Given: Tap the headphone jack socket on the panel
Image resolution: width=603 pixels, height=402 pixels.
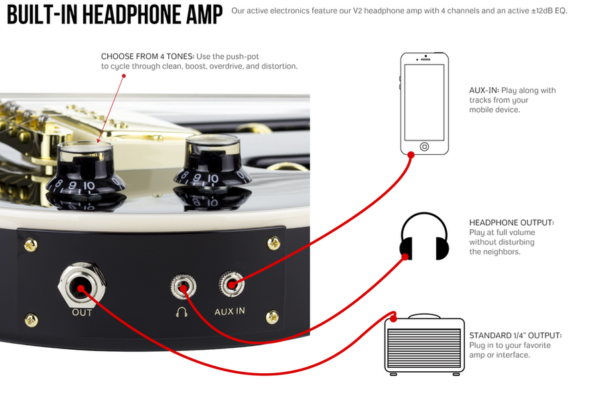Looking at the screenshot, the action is pos(184,287).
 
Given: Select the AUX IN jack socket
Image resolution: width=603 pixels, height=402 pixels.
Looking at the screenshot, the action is pos(232,284).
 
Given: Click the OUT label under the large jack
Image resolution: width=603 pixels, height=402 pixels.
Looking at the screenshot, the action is pos(82,312).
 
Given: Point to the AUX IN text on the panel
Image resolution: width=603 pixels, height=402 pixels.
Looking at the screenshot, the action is pos(230,311).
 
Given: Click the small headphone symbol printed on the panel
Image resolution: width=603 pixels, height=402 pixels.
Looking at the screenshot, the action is pos(182,312).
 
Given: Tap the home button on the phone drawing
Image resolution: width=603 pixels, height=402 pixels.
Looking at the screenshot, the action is pos(424,147).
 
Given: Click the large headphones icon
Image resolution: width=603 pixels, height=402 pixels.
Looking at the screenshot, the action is pos(424,236).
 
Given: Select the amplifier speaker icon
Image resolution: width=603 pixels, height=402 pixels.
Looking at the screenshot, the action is pos(425,345).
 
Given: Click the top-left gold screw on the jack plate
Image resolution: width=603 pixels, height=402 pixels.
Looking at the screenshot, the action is pos(31,245).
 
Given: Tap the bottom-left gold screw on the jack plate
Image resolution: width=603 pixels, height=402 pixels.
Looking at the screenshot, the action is pos(31,320).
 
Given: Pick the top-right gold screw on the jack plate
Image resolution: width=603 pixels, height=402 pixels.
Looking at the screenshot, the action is pos(273,243).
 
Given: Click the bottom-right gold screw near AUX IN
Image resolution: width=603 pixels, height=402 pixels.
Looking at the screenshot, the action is pos(272,317).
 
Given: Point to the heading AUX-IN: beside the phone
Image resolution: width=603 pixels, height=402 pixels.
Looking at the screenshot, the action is pos(484,90).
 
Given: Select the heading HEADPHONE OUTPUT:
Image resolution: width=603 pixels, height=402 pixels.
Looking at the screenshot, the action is pos(511,222).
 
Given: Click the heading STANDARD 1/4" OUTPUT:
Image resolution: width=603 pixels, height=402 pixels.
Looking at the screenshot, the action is pos(515,336).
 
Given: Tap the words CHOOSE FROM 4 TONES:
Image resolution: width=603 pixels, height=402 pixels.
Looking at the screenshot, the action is pos(147,56).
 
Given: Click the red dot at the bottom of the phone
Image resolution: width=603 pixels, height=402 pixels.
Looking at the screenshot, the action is pos(411,155).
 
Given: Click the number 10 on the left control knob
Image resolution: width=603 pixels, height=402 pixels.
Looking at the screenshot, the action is pos(89,186).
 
